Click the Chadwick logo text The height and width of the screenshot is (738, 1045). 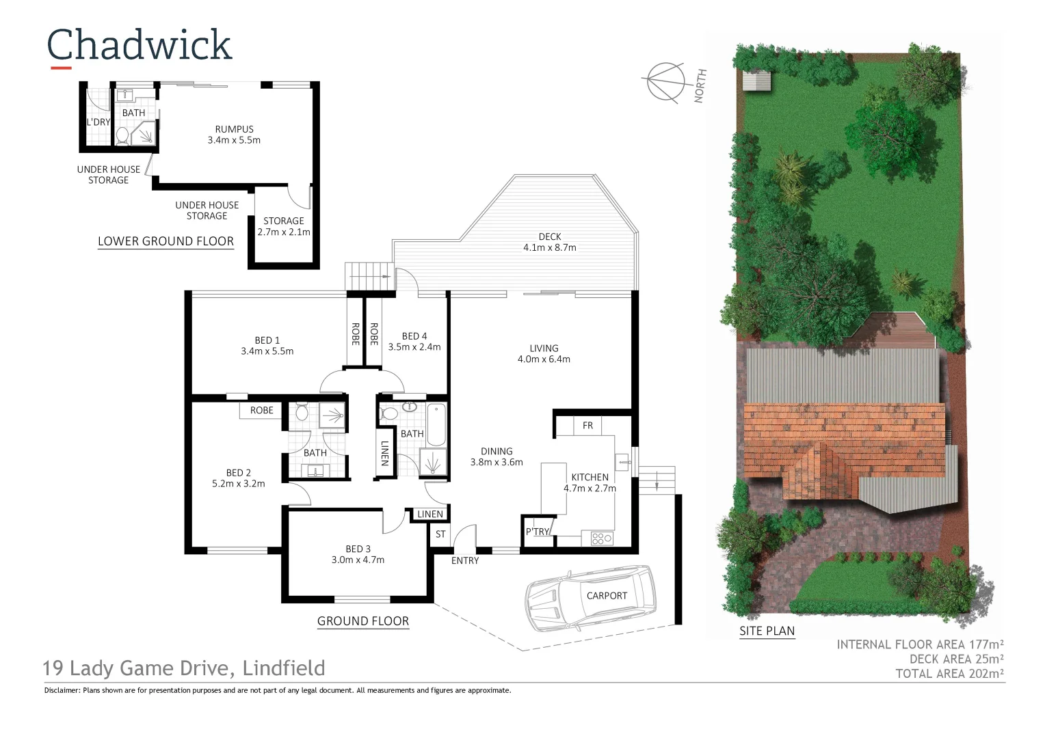click(x=140, y=45)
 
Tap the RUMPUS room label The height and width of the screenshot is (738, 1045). click(x=234, y=129)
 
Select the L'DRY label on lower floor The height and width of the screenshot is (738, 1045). click(x=98, y=122)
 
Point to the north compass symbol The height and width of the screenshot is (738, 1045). click(x=665, y=82)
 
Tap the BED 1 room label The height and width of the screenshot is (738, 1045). click(x=267, y=340)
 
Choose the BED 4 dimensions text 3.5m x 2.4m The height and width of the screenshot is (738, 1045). click(x=414, y=347)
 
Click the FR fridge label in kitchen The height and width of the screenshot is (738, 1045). click(x=587, y=426)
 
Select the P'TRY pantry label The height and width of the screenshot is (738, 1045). click(x=537, y=532)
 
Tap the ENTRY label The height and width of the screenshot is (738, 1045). click(x=465, y=560)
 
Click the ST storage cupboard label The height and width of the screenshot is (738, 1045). click(x=440, y=534)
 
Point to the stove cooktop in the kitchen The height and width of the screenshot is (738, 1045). click(x=601, y=538)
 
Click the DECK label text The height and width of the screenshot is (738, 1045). click(x=549, y=236)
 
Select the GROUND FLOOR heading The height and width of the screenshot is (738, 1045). click(x=363, y=621)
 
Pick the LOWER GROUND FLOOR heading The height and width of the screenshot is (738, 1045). click(x=166, y=241)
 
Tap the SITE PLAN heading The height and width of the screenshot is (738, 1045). click(x=767, y=631)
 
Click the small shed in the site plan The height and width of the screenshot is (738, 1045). click(x=756, y=81)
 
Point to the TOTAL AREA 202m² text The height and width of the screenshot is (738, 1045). click(x=949, y=674)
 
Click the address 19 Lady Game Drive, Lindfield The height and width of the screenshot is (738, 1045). click(x=184, y=668)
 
